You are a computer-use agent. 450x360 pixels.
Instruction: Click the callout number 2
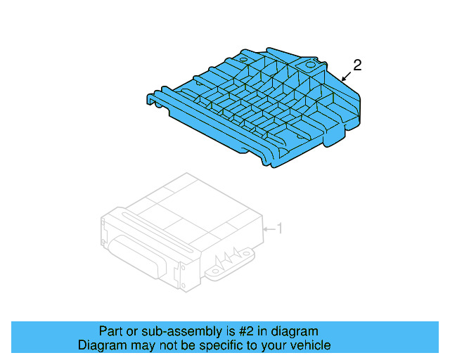point(357,65)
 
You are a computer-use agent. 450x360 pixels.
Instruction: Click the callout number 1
point(279,228)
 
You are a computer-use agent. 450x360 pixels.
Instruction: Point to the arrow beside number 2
point(345,75)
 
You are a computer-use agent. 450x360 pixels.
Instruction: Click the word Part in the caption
point(110,331)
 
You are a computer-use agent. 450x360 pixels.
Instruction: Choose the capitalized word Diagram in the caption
point(98,345)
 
